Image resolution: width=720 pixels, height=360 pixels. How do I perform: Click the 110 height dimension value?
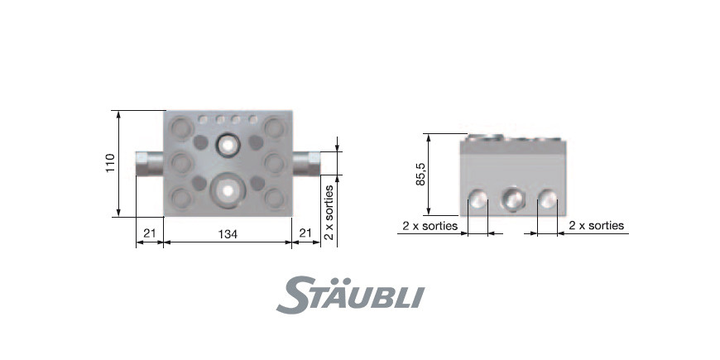(110, 163)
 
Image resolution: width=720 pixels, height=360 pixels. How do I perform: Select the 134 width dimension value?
(228, 234)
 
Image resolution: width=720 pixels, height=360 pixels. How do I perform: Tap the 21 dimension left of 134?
(150, 233)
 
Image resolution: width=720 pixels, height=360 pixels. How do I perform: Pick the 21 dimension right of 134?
(305, 233)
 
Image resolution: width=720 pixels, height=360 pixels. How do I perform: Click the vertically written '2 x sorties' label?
(329, 212)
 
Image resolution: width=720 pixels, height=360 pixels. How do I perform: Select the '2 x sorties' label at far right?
(597, 225)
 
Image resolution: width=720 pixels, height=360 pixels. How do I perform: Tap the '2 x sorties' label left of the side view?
(430, 226)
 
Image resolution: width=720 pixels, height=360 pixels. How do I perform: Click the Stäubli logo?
(350, 295)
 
